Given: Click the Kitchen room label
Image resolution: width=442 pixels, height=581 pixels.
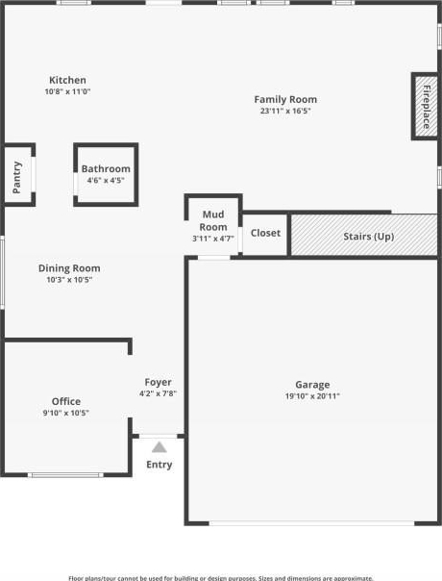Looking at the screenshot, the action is (68, 80).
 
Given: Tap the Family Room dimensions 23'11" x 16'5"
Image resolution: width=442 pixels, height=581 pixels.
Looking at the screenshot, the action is (285, 111).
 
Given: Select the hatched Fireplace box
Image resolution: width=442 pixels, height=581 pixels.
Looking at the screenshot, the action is (426, 107).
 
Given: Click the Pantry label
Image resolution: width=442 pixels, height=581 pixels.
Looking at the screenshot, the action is (17, 178).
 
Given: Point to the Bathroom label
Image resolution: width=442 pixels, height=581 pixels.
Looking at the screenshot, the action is (106, 169).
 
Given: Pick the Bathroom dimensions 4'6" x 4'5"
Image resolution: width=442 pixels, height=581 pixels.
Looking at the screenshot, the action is (106, 181).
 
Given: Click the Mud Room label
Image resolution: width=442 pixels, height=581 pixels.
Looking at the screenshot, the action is (213, 220).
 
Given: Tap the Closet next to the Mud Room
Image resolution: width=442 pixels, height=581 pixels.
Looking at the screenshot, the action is (265, 233).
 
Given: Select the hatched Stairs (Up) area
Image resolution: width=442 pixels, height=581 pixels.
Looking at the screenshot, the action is (364, 235).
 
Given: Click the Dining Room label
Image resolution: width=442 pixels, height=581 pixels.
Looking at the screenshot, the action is (69, 268).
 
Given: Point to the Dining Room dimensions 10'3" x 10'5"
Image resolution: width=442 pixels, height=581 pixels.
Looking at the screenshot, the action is (69, 280).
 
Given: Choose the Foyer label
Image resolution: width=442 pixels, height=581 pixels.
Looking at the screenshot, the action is (159, 383).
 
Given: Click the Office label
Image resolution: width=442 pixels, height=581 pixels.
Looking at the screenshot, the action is (66, 401).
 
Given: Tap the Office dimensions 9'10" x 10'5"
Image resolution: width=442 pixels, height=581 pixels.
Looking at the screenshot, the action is (66, 413).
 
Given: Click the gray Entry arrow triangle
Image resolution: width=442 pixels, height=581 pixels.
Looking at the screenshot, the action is (160, 447).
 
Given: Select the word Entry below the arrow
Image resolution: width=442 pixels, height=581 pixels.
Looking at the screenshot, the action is (160, 465).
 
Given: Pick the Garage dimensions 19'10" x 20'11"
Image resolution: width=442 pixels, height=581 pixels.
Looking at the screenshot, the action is (312, 396).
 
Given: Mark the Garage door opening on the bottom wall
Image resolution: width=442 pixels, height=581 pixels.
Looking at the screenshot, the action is (311, 523).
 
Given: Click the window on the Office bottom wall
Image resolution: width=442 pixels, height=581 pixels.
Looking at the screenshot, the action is (65, 475).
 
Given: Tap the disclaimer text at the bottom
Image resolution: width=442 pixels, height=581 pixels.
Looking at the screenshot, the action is (221, 578).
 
